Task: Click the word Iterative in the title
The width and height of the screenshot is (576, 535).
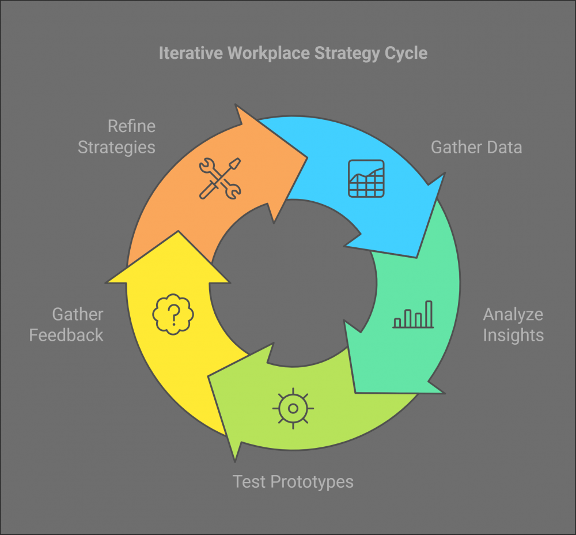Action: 191,53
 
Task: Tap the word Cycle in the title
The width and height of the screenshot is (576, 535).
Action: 406,54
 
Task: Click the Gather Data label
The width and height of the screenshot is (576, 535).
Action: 476,147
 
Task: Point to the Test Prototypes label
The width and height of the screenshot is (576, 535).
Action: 293,482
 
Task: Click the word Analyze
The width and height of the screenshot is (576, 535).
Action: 513,315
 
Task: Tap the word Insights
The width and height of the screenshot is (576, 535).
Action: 513,336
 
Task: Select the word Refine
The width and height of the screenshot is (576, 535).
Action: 131,126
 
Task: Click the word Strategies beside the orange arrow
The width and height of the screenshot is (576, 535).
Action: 116,148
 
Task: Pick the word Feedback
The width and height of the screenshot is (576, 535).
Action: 66,336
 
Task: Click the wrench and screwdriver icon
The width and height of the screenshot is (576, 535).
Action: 220,179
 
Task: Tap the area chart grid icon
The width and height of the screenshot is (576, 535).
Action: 366,178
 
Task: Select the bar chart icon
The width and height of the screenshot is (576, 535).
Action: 413,314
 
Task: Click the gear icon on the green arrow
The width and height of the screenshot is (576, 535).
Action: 293,408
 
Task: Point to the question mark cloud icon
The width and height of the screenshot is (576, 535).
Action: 173,314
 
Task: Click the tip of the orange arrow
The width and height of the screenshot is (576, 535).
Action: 307,158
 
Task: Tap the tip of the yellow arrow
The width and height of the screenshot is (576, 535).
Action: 178,231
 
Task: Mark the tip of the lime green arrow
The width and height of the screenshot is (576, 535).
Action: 209,376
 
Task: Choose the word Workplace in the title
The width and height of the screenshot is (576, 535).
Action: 269,54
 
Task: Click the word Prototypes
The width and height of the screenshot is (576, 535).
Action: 312,482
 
